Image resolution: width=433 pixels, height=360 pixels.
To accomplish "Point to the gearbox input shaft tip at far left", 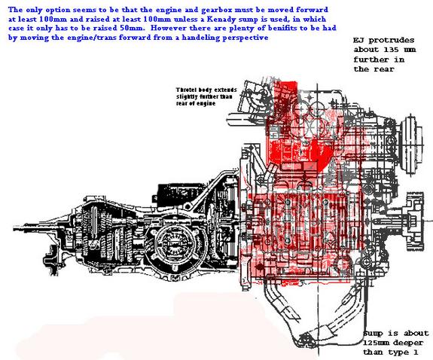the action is [x=14, y=229].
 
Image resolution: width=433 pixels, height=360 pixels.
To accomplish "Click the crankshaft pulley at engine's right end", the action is [x=414, y=221].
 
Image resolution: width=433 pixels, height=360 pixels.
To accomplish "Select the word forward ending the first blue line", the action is [x=312, y=10].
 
